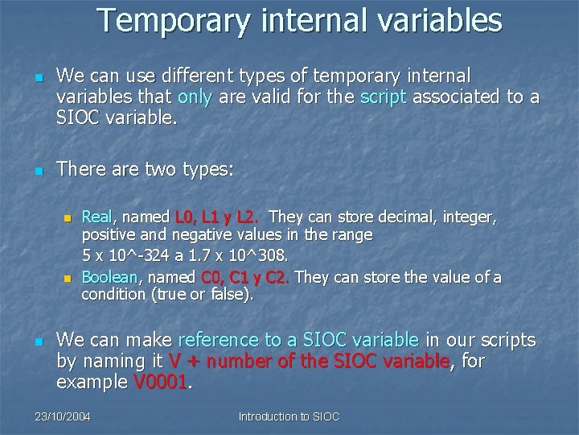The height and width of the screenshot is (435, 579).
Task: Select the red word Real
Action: tap(97, 217)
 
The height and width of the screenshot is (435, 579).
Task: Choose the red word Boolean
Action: tap(111, 278)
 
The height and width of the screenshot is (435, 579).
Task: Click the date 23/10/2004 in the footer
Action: tap(64, 416)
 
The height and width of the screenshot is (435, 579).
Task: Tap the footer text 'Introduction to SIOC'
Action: tap(289, 416)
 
